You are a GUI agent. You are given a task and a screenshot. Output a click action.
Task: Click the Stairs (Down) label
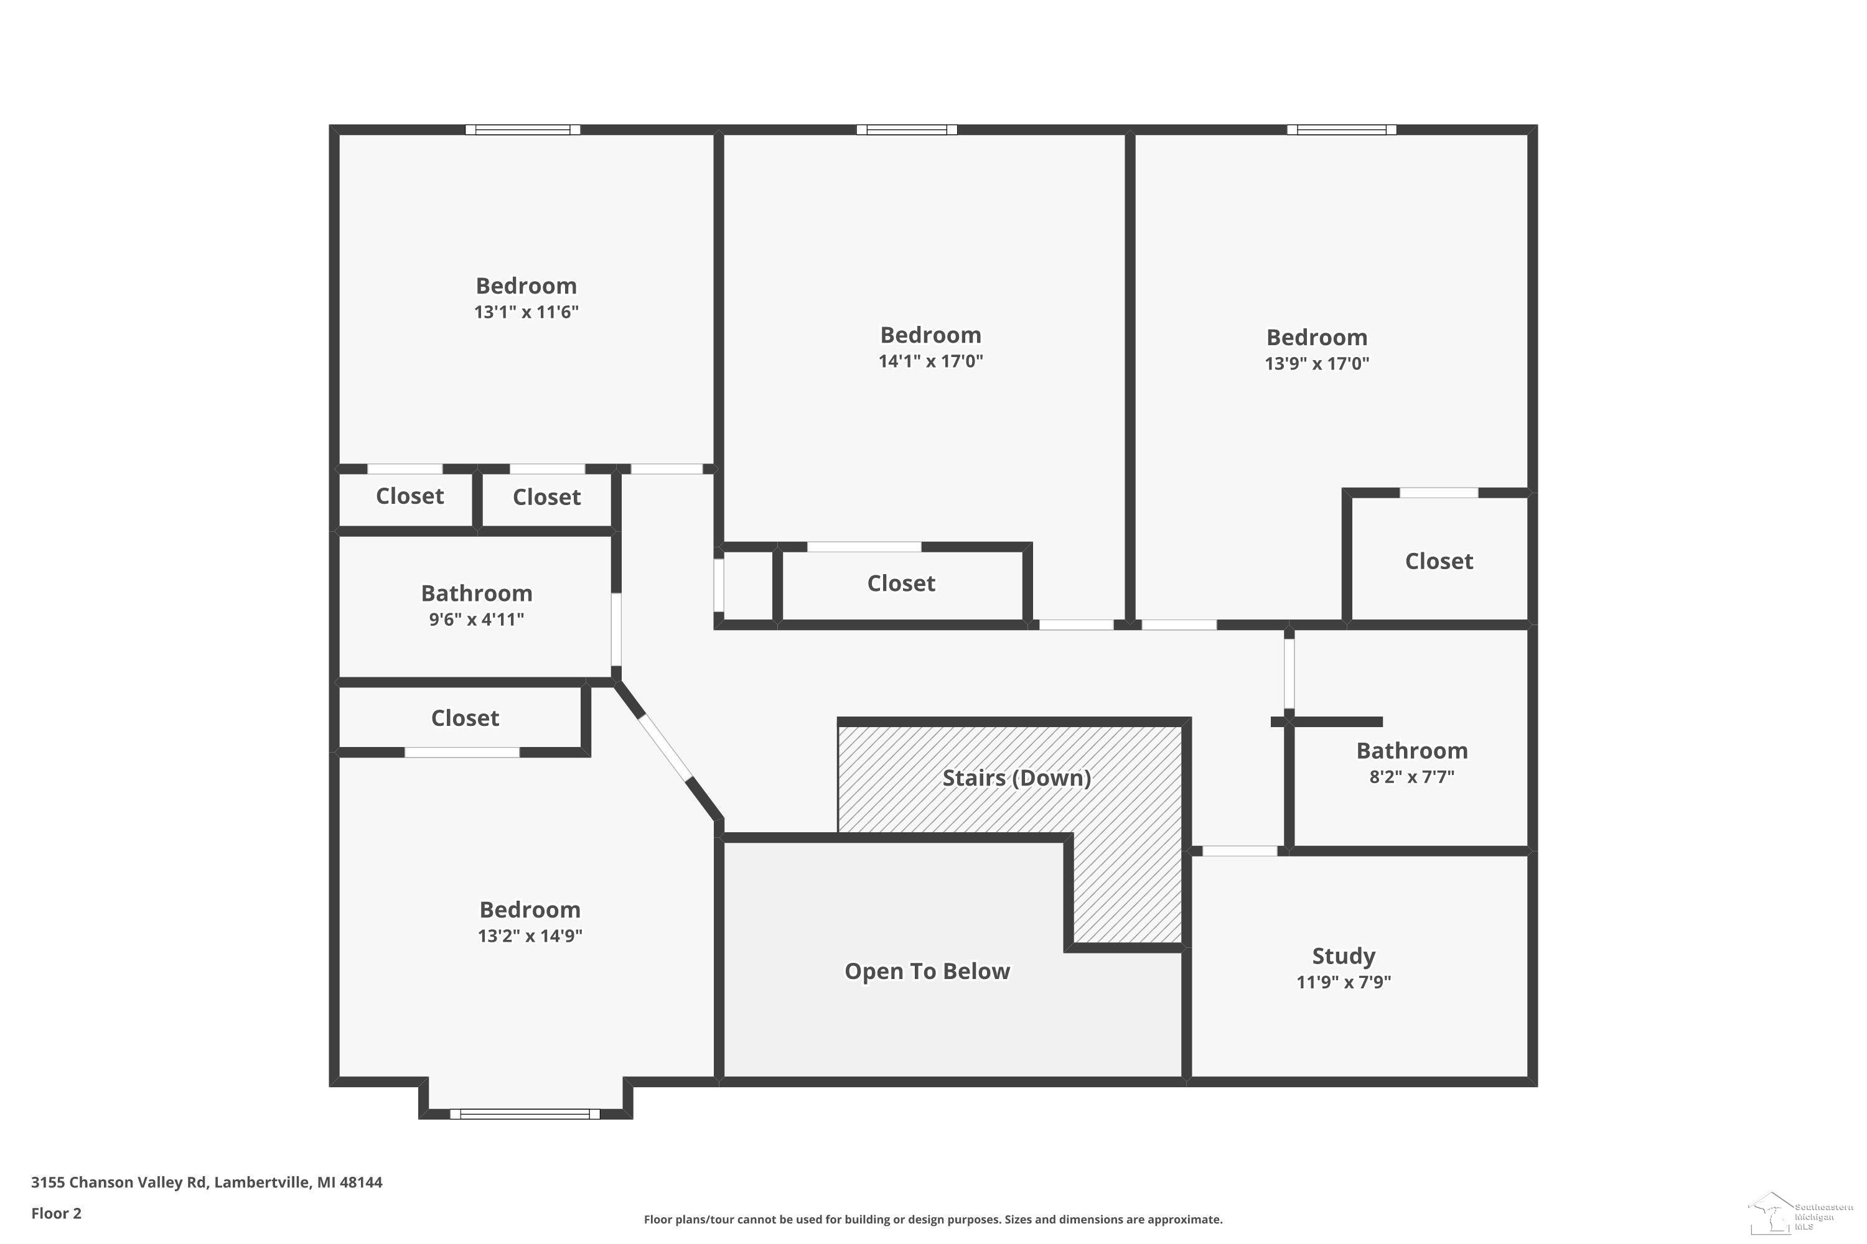(1016, 777)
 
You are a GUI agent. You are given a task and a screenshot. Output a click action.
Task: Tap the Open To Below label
(927, 971)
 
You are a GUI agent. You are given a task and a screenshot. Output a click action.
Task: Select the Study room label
(1343, 956)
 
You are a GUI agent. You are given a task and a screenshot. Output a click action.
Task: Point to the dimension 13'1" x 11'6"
(526, 312)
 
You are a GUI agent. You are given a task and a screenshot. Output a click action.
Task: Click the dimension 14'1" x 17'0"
(930, 361)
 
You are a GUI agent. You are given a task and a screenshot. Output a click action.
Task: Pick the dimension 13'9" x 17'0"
(1317, 363)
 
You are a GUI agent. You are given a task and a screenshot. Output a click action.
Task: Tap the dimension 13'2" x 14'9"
(530, 935)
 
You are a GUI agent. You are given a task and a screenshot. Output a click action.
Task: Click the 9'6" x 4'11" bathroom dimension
(476, 619)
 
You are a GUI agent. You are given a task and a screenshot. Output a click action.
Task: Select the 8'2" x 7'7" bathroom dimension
(1411, 777)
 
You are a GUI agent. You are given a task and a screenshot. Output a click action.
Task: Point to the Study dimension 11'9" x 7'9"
(1343, 982)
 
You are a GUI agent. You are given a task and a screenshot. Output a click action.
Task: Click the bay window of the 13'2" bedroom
(525, 1114)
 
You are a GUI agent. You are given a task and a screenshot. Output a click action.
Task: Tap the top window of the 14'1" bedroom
(907, 129)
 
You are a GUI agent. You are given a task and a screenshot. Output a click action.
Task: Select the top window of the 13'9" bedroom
(1342, 129)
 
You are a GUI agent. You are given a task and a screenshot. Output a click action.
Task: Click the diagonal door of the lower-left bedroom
(665, 748)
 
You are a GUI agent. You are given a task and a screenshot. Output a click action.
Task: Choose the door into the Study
(1240, 852)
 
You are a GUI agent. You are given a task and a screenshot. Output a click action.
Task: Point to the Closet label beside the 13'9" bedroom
(1438, 561)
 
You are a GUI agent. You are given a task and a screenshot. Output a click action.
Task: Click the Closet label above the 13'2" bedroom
(465, 718)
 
